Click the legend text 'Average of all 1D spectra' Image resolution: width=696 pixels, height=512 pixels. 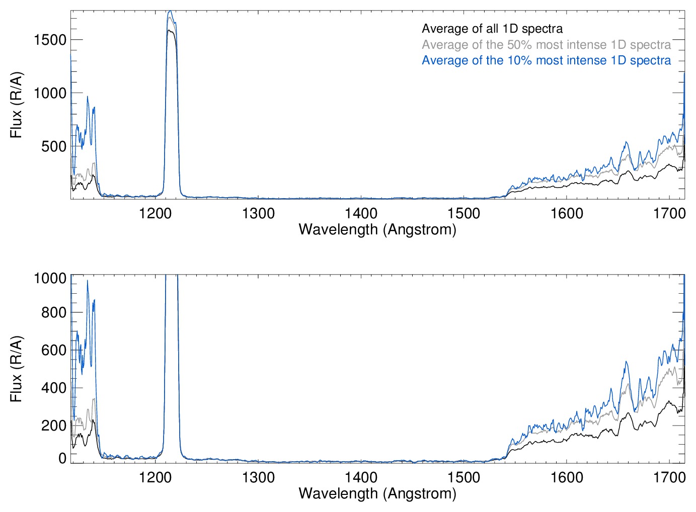pos(492,29)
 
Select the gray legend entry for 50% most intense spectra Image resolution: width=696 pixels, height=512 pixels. pos(546,45)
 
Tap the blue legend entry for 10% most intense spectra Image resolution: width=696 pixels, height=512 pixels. pos(546,60)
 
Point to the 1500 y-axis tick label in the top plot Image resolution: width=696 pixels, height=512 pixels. pos(50,40)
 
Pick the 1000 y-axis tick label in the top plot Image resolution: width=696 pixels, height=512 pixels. pos(50,94)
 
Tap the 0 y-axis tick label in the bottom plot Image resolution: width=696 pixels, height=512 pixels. pos(62,458)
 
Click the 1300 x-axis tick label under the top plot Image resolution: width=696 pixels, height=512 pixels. pos(258,214)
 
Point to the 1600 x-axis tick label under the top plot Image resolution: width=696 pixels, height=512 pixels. pos(567,214)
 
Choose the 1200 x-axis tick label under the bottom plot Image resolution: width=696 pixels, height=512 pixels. pos(156,477)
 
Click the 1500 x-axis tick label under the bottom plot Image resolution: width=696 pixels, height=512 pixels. pos(463,477)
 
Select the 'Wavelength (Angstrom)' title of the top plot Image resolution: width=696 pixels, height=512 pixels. pos(377,230)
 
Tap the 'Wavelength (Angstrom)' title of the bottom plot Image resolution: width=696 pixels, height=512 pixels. pos(377,493)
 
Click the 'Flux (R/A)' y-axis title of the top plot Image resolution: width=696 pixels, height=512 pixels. pos(17,105)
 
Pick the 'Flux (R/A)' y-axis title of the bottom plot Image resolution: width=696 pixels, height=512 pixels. pos(17,369)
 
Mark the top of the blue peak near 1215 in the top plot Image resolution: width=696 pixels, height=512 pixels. pos(170,11)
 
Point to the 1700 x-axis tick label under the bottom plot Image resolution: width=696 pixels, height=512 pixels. pos(669,477)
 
